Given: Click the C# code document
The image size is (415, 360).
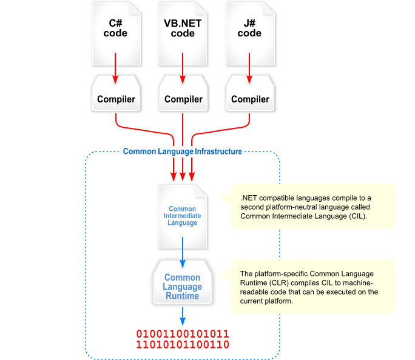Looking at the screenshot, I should (x=115, y=33).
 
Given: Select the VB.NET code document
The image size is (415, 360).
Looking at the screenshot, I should (x=183, y=33).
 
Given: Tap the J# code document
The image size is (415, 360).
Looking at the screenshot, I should (x=249, y=33).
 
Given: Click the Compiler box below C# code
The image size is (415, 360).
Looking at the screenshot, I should (x=116, y=99).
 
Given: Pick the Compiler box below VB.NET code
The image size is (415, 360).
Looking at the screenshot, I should (x=183, y=99).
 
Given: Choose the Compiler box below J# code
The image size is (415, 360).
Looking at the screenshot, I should (x=249, y=99).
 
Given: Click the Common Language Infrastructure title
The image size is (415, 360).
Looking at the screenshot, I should (x=182, y=152).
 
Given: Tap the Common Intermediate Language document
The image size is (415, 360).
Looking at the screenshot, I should (x=183, y=216).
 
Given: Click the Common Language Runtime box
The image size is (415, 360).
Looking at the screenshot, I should (x=183, y=286).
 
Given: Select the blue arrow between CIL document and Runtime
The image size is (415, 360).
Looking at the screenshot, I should (x=183, y=248).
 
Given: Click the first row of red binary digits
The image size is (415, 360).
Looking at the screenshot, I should (x=183, y=334).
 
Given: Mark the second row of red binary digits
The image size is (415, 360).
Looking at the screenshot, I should (x=183, y=345).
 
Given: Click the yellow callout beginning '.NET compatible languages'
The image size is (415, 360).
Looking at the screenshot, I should (x=312, y=207).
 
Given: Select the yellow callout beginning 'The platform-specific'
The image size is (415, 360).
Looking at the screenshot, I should (x=312, y=287).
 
